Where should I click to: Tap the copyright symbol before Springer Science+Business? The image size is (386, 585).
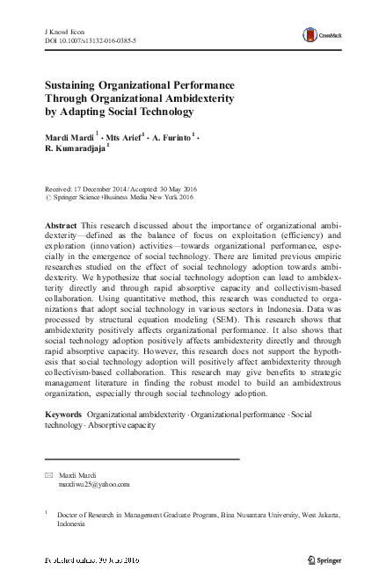[47, 197]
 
